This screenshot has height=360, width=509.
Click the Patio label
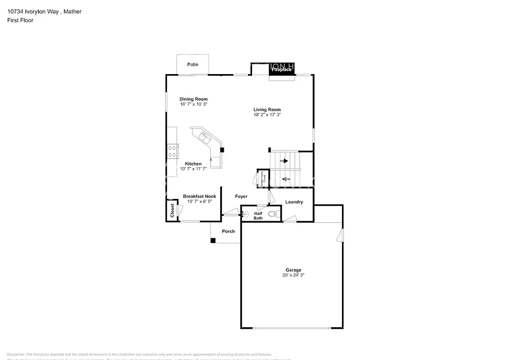(192, 65)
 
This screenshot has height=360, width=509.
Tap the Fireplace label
(281, 70)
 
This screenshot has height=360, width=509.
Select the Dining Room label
(193, 99)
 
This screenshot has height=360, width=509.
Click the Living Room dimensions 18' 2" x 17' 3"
(267, 115)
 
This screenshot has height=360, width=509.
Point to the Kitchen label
(193, 164)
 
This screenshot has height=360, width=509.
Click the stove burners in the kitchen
(173, 151)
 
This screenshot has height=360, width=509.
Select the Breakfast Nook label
(199, 196)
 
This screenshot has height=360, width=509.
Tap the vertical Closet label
(172, 211)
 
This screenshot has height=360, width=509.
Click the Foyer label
(241, 196)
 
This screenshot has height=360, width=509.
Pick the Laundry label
(294, 202)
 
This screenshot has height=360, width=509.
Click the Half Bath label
(258, 215)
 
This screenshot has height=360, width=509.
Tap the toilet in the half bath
(272, 214)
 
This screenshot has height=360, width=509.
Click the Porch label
(228, 231)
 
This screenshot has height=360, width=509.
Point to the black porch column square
(213, 241)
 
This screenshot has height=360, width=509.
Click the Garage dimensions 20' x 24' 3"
(293, 275)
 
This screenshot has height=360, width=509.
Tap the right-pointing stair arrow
(285, 161)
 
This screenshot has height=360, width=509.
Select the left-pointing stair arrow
(285, 178)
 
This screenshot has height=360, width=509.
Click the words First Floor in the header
(20, 20)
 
